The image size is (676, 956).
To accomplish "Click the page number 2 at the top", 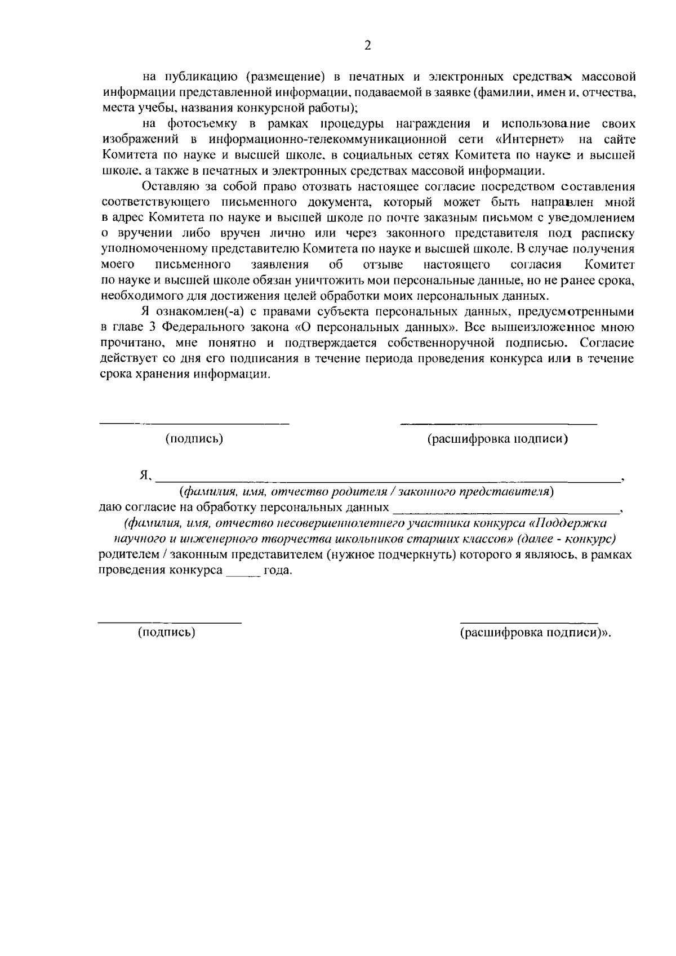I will click(x=368, y=46).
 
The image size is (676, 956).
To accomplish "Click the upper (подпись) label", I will click(x=194, y=439).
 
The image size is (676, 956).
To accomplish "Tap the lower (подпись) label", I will click(x=167, y=632).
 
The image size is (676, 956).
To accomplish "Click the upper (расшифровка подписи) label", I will click(x=497, y=439).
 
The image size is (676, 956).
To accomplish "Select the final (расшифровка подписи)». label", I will click(x=535, y=632).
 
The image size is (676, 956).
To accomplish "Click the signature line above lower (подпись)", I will click(x=170, y=622).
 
